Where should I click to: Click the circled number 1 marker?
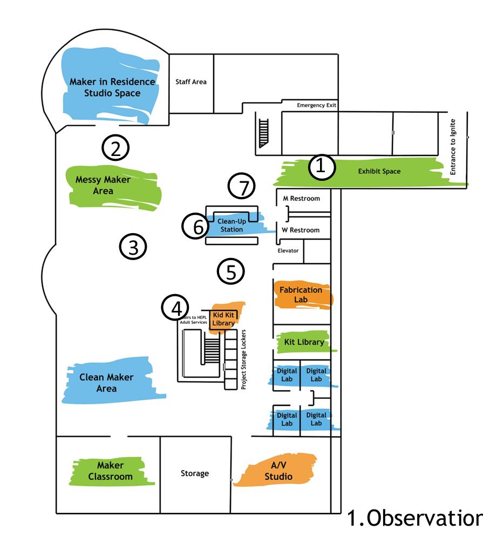pos(321,167)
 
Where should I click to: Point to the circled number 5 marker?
pos(230,271)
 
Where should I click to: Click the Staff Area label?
pos(191,82)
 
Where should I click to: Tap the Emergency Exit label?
pos(317,105)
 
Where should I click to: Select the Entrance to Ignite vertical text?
pos(453,147)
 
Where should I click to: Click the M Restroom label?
pos(302,198)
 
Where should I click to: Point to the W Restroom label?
pos(302,230)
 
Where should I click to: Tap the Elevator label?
pos(288,250)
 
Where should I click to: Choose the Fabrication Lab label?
pos(301,294)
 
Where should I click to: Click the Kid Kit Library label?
pos(223,318)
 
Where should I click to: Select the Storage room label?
pos(194,473)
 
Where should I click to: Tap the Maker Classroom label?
pos(110,471)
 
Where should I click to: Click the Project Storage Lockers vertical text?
pos(243,359)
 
